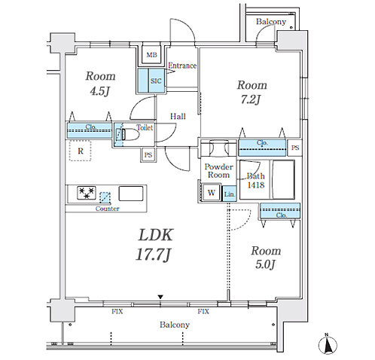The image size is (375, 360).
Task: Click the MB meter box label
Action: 151,55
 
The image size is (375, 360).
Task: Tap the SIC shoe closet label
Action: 156,81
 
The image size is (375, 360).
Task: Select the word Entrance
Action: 182,66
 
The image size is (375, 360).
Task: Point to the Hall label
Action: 178,116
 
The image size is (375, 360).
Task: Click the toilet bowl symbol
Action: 130,134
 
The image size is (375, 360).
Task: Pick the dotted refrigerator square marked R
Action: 81,151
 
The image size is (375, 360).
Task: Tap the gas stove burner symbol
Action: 87,193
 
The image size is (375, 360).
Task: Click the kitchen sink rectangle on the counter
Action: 131,194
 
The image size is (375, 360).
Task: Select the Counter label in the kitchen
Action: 107,209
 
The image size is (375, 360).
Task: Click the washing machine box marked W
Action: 212,193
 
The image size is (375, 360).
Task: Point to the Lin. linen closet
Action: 230,194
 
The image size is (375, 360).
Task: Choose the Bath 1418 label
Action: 256,181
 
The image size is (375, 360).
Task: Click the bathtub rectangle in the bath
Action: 283,179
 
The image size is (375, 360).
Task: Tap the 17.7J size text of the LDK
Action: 154,255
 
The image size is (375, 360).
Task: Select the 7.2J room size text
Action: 251,99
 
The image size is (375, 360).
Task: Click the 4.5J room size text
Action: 100,91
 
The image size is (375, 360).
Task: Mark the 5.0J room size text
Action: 266,264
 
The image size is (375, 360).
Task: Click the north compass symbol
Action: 328,345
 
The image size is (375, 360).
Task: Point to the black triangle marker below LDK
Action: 160,297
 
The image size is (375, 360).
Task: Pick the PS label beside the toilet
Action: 148,155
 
